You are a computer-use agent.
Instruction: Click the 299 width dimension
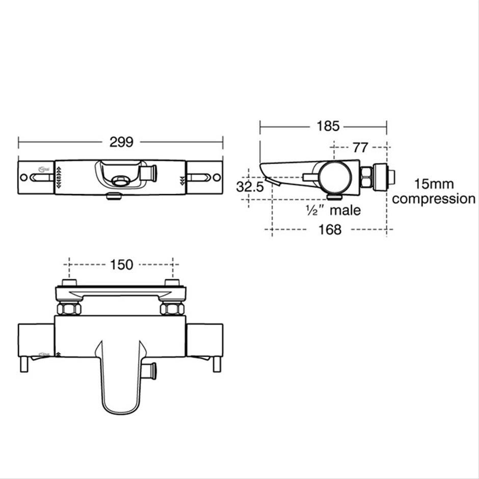[121, 142]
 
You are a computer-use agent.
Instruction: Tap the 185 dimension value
[328, 126]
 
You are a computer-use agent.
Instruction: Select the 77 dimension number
[360, 148]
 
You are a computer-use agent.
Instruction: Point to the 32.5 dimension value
[250, 187]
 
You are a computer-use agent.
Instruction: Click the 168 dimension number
[330, 229]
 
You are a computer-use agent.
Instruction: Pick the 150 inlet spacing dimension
[121, 264]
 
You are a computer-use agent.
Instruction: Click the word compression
[434, 199]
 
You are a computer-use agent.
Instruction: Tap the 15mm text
[434, 184]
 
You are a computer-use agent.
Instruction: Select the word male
[345, 210]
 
